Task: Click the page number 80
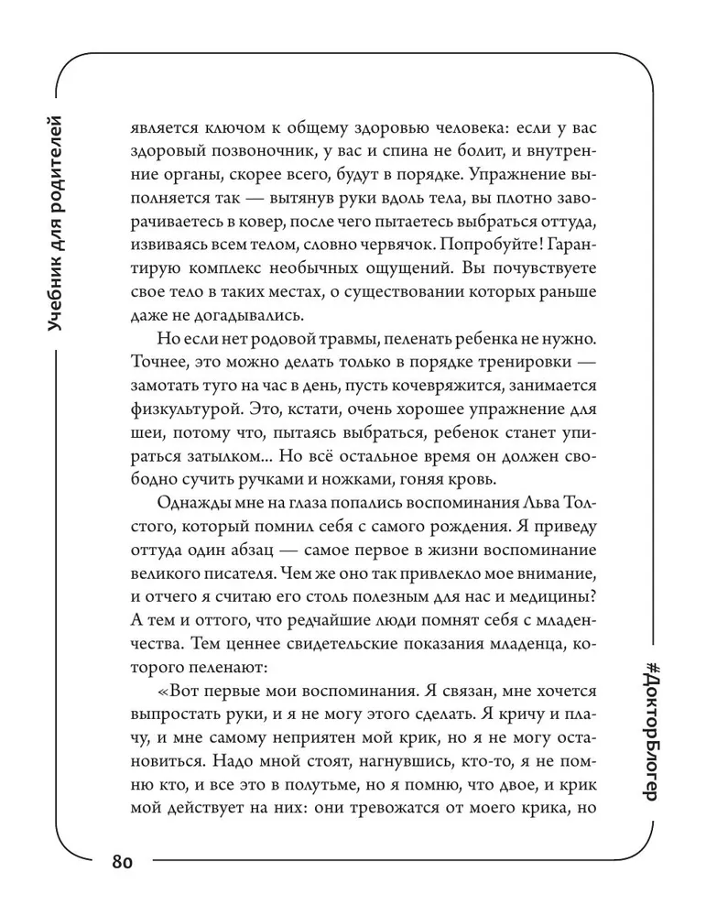[124, 862]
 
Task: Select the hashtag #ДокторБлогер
[651, 727]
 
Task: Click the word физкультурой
[179, 413]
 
